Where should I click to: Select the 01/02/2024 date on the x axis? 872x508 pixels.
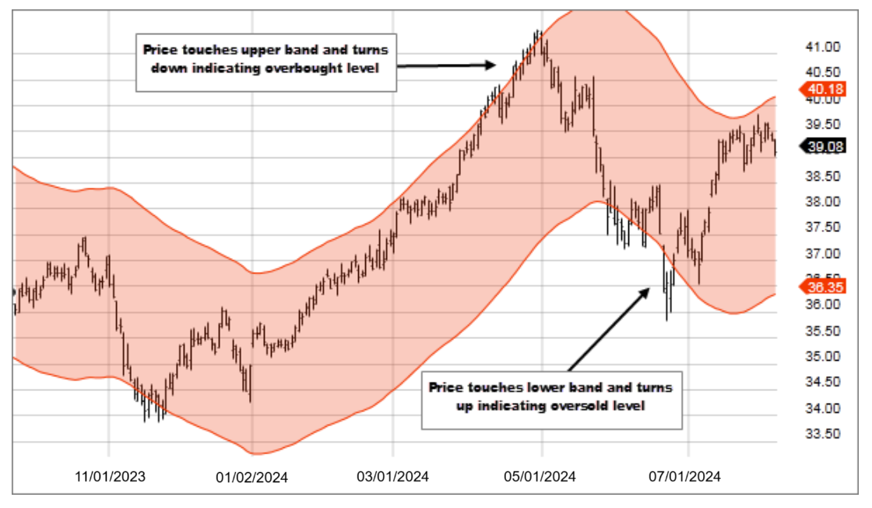click(x=251, y=478)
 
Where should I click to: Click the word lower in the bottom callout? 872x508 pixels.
click(x=526, y=387)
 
